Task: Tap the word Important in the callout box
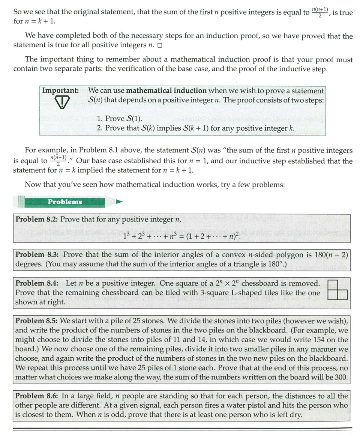[x=60, y=91]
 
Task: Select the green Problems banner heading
[x=64, y=202]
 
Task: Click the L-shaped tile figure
[x=338, y=290]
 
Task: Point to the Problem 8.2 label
[x=36, y=219]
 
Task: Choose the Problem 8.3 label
[x=36, y=255]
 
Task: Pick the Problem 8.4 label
[x=36, y=283]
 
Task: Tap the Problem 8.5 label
[x=36, y=321]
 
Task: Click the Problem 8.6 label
[x=36, y=396]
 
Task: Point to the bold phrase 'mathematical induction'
[x=166, y=91]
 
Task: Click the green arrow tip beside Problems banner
[x=119, y=202]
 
